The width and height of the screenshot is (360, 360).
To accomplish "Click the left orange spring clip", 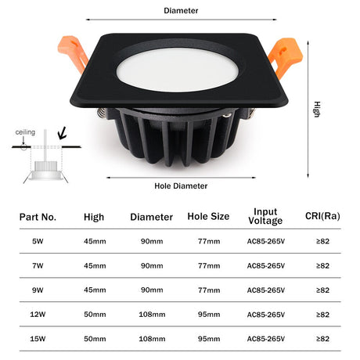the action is click(74, 53).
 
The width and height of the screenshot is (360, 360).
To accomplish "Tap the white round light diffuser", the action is click(178, 70).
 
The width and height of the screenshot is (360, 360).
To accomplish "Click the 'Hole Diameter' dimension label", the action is click(181, 186).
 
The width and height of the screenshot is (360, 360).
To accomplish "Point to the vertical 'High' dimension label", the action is click(317, 110).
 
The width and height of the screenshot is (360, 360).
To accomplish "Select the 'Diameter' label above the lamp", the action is click(181, 11).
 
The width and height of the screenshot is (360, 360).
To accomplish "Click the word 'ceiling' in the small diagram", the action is click(25, 132).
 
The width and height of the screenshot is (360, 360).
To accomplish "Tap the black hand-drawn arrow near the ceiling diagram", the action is click(63, 133).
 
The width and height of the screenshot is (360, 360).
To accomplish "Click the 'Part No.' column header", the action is click(38, 217).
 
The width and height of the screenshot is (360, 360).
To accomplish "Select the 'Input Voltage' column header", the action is click(265, 216).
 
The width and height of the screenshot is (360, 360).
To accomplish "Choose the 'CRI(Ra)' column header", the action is click(322, 216).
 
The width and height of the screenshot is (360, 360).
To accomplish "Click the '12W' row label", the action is click(38, 315).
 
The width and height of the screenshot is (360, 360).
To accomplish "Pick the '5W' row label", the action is click(38, 241).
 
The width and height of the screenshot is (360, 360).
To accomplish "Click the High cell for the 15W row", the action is click(95, 339).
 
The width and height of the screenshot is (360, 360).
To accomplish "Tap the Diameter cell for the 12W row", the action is click(152, 315).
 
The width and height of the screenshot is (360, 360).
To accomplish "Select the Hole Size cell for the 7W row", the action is click(209, 266).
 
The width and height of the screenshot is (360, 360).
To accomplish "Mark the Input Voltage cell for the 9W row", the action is click(266, 290).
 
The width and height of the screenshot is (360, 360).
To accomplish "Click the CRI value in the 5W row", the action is click(322, 241).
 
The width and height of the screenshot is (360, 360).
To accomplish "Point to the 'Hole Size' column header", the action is click(208, 216).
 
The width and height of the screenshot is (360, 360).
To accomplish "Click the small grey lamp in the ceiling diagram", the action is click(46, 171).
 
